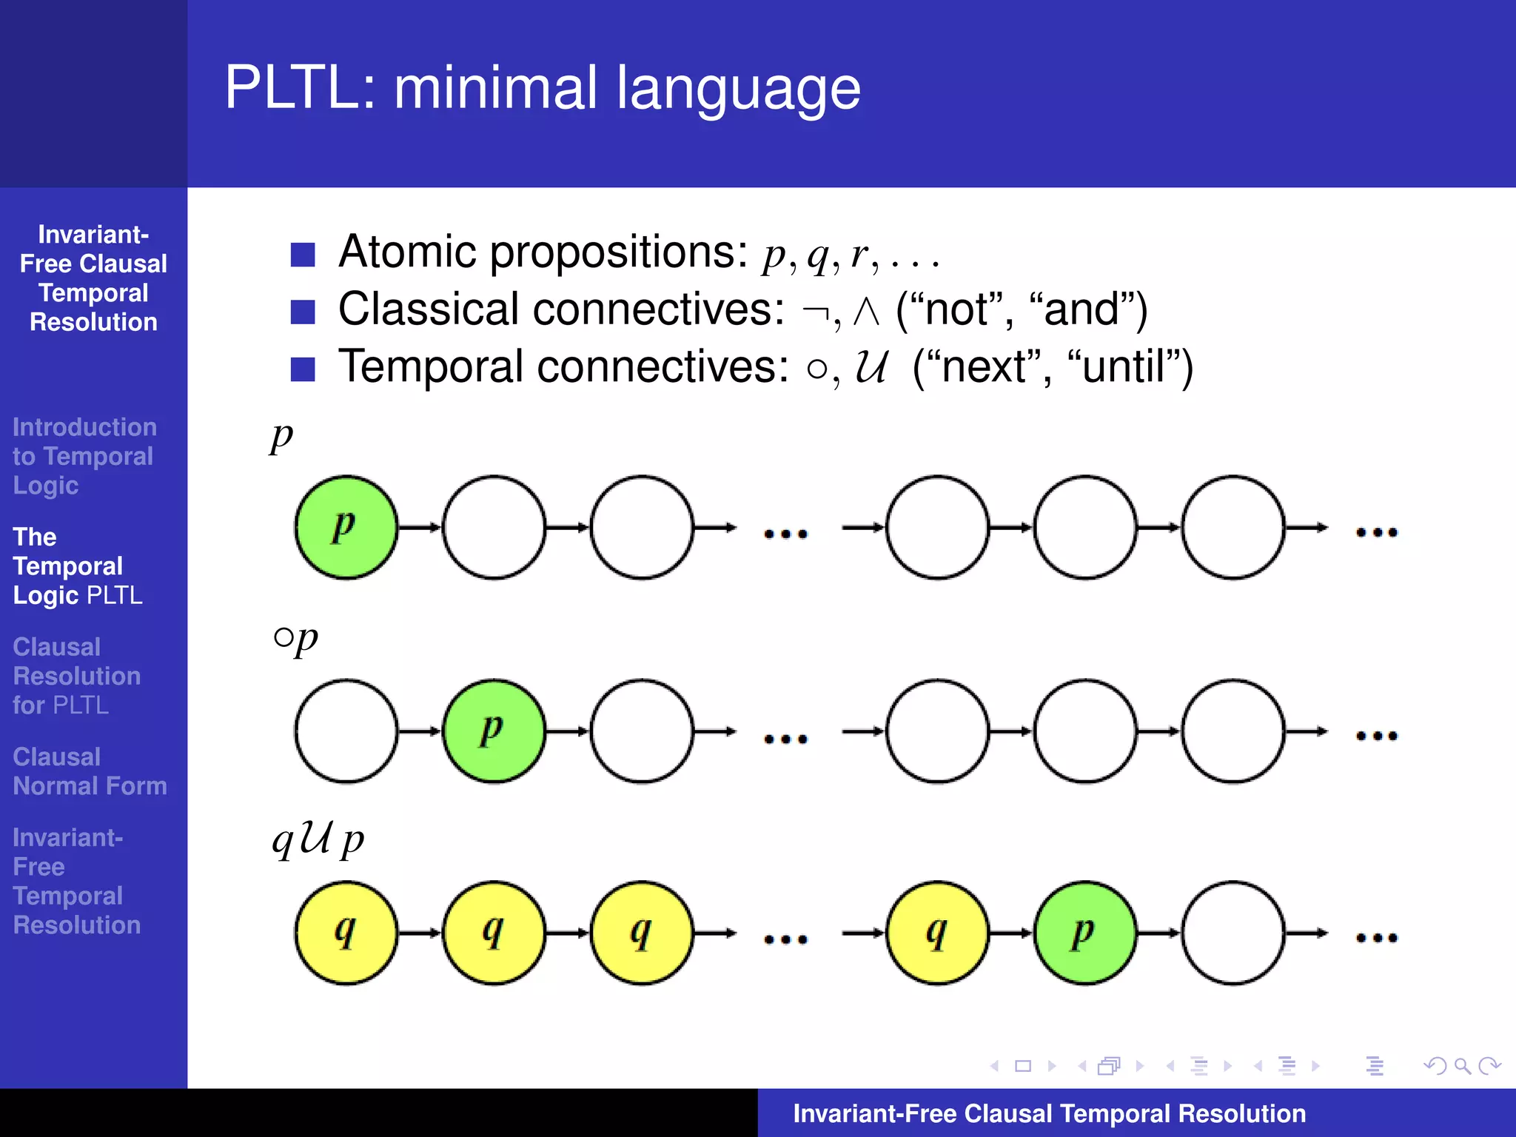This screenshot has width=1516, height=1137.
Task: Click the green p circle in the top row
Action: click(x=346, y=527)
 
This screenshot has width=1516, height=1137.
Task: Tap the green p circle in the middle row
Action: click(x=494, y=731)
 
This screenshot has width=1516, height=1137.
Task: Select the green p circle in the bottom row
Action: click(x=1085, y=933)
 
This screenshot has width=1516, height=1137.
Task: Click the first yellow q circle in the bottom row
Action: click(x=346, y=933)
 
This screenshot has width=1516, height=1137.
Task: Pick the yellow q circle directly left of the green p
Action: click(x=937, y=933)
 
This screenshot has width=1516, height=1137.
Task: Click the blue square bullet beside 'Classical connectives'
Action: click(x=303, y=312)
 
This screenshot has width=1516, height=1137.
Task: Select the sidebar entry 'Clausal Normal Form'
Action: click(x=90, y=771)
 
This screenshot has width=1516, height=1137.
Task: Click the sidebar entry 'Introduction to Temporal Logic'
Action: click(x=84, y=456)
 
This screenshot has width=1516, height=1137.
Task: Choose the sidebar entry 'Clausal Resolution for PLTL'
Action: click(x=76, y=676)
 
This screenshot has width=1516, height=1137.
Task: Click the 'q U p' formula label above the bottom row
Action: click(x=318, y=840)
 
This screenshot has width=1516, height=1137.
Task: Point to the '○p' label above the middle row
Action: click(x=295, y=638)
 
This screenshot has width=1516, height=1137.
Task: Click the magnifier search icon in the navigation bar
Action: click(x=1461, y=1066)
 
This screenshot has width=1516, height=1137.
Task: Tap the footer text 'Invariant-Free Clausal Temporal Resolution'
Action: click(x=1049, y=1113)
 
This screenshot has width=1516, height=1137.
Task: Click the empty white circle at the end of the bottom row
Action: click(x=1232, y=933)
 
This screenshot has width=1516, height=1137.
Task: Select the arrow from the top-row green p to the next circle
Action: click(x=420, y=527)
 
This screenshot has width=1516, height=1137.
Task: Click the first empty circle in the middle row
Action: click(x=346, y=731)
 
